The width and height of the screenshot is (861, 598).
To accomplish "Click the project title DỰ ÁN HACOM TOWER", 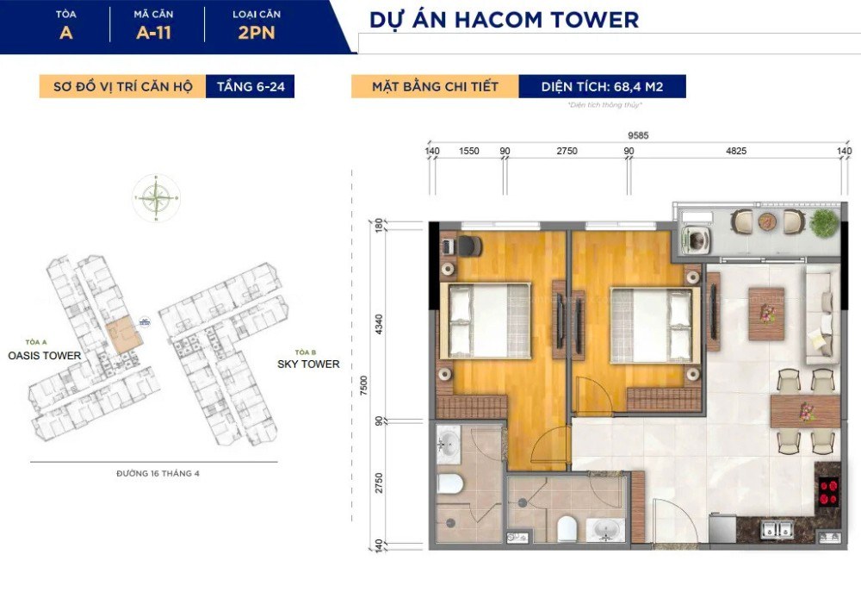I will (x=504, y=19).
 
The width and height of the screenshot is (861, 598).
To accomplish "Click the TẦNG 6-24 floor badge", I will (x=250, y=87).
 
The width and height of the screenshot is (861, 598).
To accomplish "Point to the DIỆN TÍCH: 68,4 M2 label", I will (x=602, y=87).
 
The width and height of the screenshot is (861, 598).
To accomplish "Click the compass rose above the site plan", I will (x=157, y=199).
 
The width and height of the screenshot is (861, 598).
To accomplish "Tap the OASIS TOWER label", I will (x=45, y=355).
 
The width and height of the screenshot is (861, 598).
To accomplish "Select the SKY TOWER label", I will (x=308, y=364).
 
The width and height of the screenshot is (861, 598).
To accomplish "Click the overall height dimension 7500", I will (x=364, y=384).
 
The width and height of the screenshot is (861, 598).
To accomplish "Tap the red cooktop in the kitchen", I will (x=829, y=492).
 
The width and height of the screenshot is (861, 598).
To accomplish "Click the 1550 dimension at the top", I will (x=469, y=151).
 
